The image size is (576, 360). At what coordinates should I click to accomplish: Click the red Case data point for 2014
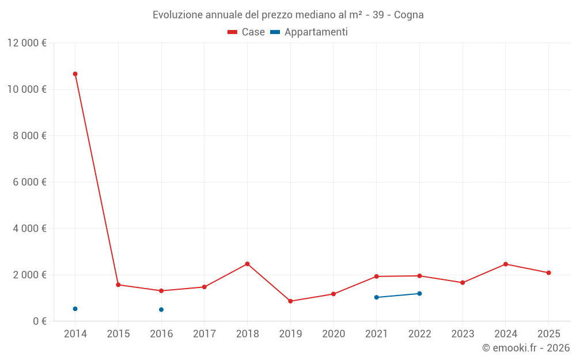(75, 74)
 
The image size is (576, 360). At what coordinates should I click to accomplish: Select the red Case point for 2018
(247, 264)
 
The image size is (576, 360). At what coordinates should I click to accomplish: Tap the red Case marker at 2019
(290, 301)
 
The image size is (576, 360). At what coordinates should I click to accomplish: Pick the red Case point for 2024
(505, 264)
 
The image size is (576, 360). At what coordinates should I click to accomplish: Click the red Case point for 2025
(548, 272)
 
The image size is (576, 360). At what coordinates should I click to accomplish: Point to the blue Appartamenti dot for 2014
(75, 309)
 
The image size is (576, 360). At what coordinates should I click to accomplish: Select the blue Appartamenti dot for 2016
(161, 309)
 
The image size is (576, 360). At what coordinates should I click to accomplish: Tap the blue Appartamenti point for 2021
(376, 297)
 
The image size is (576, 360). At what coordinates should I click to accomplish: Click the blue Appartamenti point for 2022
(419, 294)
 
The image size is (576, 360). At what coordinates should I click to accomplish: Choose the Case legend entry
(246, 32)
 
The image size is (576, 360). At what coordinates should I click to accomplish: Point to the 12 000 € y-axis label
(26, 43)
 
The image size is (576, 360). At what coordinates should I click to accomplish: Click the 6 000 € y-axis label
(29, 182)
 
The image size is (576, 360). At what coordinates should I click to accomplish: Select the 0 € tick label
(39, 321)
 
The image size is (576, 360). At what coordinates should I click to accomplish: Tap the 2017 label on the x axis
(204, 334)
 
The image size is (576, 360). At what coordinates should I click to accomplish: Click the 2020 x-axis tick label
(333, 334)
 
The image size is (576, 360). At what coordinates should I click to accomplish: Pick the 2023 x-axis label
(462, 334)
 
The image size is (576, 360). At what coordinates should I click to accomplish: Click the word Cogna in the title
(409, 15)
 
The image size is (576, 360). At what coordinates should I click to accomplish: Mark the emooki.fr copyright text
(525, 348)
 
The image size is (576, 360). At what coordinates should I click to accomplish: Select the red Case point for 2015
(118, 285)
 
